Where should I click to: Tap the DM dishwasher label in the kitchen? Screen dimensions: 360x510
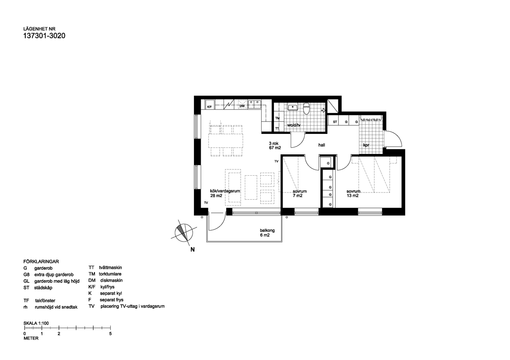click(242, 106)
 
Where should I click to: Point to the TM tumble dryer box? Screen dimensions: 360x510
click(277, 118)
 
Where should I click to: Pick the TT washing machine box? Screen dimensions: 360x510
click(277, 128)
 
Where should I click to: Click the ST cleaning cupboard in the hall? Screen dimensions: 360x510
click(335, 122)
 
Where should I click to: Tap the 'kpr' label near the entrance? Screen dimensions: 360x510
click(366, 146)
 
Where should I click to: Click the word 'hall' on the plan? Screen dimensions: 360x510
click(322, 145)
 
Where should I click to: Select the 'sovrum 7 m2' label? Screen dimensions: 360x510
click(300, 194)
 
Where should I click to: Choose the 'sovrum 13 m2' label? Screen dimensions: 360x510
click(353, 194)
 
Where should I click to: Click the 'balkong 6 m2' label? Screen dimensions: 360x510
click(267, 233)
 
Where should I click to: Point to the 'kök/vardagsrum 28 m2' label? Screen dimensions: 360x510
click(224, 193)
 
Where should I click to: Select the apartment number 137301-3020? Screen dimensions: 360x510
click(44, 37)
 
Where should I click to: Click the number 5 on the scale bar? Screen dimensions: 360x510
click(110, 334)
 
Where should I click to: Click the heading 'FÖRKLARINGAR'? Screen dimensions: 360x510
click(41, 262)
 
